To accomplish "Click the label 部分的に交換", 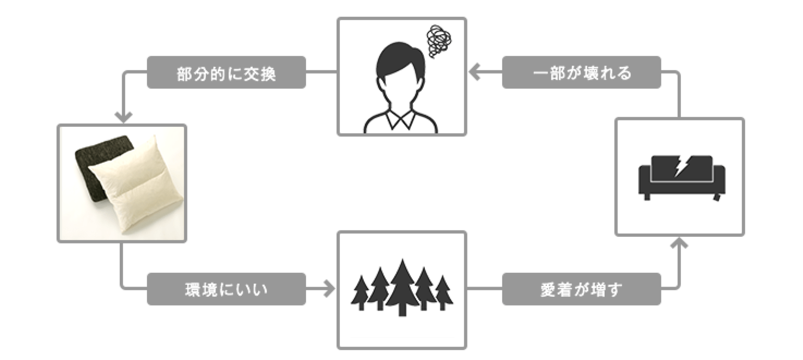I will click(226, 72).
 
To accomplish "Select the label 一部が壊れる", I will click(581, 72).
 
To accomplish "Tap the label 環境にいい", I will click(226, 289).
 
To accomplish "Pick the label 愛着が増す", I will click(581, 289).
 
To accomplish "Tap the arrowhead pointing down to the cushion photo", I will click(124, 117).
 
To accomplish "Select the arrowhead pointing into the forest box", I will click(328, 289).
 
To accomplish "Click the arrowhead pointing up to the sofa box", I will click(679, 243).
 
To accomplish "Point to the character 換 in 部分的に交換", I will click(267, 73).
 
